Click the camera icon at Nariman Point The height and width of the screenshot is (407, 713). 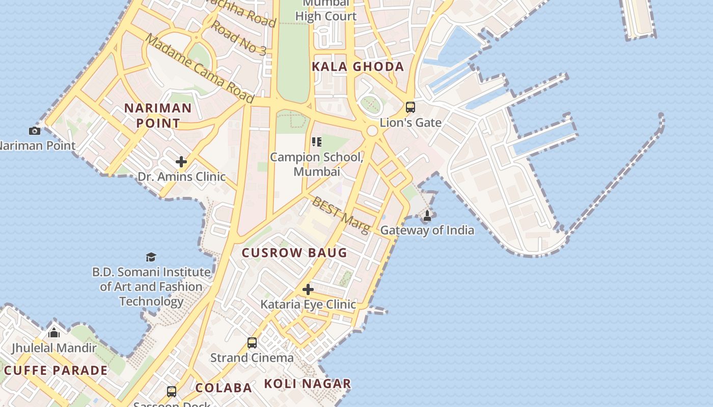pyautogui.click(x=35, y=131)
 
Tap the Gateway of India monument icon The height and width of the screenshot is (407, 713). pyautogui.click(x=427, y=216)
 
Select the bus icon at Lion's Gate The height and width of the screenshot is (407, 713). pyautogui.click(x=410, y=107)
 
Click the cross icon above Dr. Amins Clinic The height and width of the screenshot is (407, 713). pyautogui.click(x=181, y=162)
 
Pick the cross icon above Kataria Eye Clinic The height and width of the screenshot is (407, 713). pyautogui.click(x=308, y=289)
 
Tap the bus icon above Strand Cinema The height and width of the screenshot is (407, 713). pyautogui.click(x=252, y=342)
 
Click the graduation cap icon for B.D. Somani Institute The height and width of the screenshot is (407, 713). pyautogui.click(x=151, y=257)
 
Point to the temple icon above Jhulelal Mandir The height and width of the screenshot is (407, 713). pyautogui.click(x=54, y=333)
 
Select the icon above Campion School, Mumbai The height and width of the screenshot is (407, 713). pyautogui.click(x=317, y=142)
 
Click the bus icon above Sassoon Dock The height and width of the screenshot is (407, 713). pyautogui.click(x=172, y=392)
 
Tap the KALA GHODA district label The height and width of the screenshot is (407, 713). pyautogui.click(x=358, y=67)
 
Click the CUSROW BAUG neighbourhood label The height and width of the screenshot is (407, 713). pyautogui.click(x=294, y=253)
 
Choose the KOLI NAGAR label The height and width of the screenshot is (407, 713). pyautogui.click(x=308, y=384)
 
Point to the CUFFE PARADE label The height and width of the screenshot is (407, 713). pyautogui.click(x=56, y=370)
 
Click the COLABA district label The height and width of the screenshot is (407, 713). pyautogui.click(x=224, y=388)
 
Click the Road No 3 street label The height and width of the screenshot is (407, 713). pyautogui.click(x=238, y=38)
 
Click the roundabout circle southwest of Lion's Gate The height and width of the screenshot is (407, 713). pyautogui.click(x=372, y=131)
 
